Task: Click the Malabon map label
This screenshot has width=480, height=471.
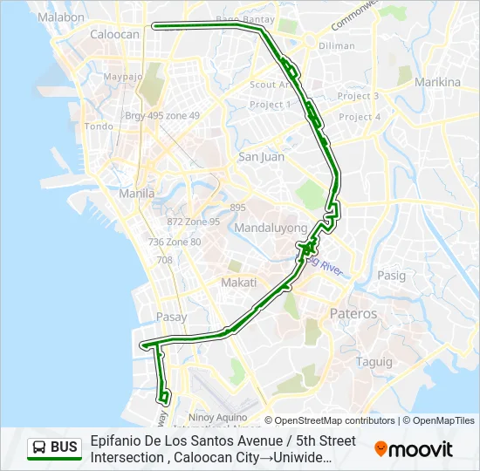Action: pyautogui.click(x=61, y=17)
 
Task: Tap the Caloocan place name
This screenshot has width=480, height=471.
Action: pyautogui.click(x=115, y=35)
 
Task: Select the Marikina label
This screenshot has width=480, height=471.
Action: pyautogui.click(x=438, y=83)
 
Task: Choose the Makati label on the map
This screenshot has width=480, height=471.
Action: pyautogui.click(x=238, y=283)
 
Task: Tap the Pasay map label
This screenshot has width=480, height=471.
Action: pyautogui.click(x=171, y=317)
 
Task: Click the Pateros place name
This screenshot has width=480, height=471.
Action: pyautogui.click(x=353, y=313)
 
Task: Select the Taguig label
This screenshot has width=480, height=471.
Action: pyautogui.click(x=374, y=361)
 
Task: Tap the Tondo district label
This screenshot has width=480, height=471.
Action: pyautogui.click(x=99, y=126)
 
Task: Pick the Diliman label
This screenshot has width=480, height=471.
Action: pyautogui.click(x=337, y=46)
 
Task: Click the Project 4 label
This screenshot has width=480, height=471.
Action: pyautogui.click(x=360, y=117)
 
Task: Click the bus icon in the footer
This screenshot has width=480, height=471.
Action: pyautogui.click(x=40, y=448)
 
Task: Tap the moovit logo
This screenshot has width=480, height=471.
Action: pyautogui.click(x=414, y=449)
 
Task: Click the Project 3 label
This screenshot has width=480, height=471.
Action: pyautogui.click(x=358, y=96)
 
